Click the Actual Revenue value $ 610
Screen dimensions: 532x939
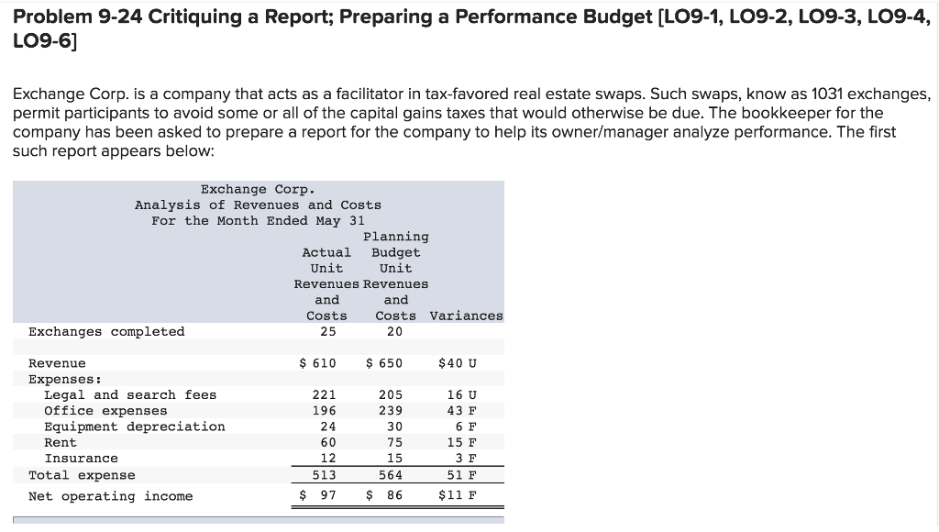pos(318,363)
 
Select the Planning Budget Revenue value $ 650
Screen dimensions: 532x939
pos(384,363)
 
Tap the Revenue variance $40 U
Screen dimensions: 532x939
pos(458,363)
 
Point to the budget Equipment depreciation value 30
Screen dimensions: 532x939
pos(394,427)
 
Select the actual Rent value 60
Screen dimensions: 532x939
pos(327,442)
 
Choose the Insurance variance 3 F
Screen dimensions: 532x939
pos(466,459)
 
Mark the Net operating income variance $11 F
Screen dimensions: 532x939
pos(458,496)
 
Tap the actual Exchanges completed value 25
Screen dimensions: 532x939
pos(327,332)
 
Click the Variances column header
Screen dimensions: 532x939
pos(466,316)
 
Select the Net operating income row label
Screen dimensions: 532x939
pos(111,496)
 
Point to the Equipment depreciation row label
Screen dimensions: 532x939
pos(135,427)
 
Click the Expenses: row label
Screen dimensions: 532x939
pos(65,379)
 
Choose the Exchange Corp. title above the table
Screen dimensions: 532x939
pos(258,189)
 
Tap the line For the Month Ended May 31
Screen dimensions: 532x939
pos(258,220)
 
